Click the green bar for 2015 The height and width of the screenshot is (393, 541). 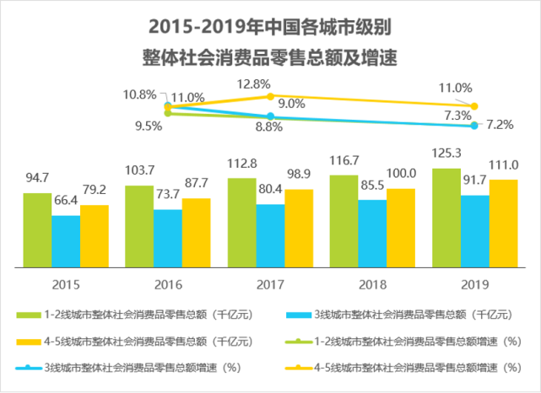(37, 229)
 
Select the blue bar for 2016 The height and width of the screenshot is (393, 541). (167, 238)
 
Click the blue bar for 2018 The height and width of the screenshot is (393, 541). (371, 233)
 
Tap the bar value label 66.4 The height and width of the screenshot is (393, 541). (66, 202)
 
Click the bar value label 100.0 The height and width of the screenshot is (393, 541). (400, 175)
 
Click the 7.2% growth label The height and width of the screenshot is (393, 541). (500, 125)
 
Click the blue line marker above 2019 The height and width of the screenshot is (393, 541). (474, 126)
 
